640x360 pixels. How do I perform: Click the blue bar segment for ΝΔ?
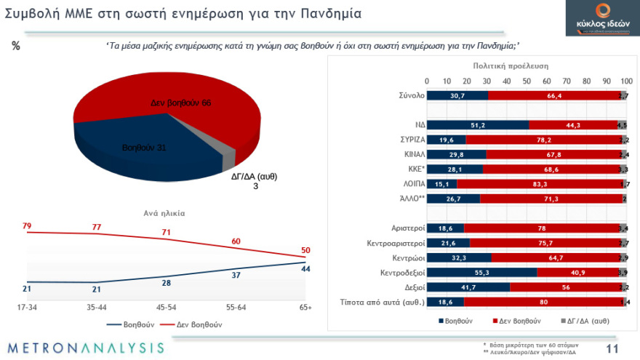click(477, 124)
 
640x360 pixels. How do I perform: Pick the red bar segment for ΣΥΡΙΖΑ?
click(543, 140)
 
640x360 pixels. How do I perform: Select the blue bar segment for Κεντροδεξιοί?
click(481, 272)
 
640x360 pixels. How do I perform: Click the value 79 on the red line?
click(26, 226)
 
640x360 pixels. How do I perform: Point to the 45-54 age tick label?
click(166, 308)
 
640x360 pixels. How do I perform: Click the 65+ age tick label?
click(304, 308)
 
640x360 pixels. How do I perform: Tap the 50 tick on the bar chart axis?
click(526, 81)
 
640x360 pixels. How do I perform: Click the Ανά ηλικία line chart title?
click(164, 213)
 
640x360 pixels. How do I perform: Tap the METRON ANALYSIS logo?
click(87, 347)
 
